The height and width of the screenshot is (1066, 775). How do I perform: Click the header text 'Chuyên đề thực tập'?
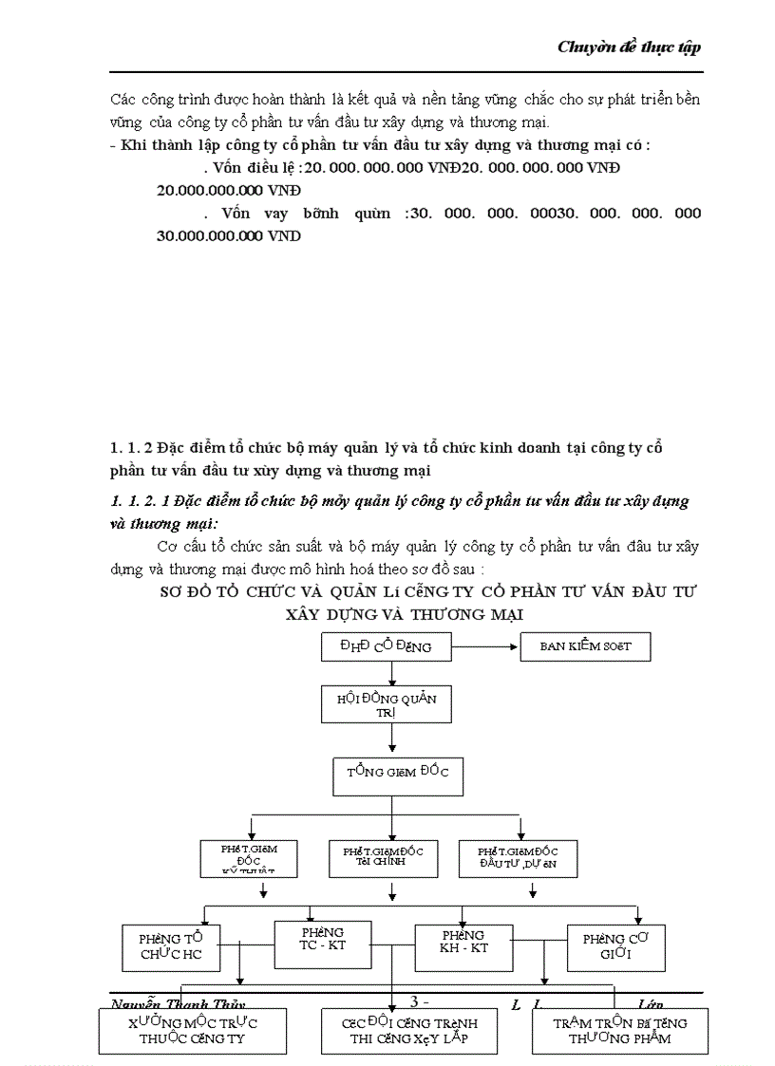629,47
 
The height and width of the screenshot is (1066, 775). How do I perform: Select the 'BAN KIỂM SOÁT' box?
585,646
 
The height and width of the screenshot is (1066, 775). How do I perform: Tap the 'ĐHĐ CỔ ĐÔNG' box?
387,646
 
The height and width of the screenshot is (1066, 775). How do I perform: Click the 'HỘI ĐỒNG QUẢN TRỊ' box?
387,704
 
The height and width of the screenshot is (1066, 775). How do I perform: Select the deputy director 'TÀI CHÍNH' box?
389,857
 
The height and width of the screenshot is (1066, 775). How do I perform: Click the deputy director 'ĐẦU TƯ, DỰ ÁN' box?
518,857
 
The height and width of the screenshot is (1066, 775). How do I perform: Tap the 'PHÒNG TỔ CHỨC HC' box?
171,946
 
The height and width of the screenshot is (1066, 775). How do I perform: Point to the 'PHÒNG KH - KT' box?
463,942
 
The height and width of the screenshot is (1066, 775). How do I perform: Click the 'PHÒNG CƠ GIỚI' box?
615,946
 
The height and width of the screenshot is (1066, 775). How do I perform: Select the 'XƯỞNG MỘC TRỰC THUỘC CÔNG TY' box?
193,1030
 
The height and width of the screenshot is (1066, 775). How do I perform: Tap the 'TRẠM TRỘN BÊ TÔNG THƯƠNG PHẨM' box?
620,1030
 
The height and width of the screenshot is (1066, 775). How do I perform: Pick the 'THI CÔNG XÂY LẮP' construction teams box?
408,1031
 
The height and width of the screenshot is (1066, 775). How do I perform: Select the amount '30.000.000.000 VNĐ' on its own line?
229,236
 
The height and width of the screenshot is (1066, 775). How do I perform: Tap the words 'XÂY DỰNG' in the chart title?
334,614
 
